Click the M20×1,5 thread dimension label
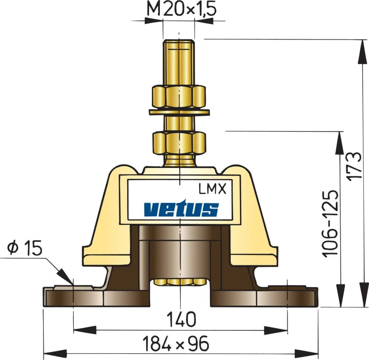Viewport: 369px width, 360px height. [x=178, y=9]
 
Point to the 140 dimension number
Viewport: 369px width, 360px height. [x=181, y=320]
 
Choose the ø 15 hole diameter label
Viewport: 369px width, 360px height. [x=25, y=247]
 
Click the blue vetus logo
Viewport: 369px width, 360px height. [x=181, y=209]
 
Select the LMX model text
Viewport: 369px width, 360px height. [x=213, y=190]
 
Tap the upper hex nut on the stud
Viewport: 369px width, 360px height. [x=178, y=97]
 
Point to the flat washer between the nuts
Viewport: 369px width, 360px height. [x=178, y=112]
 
